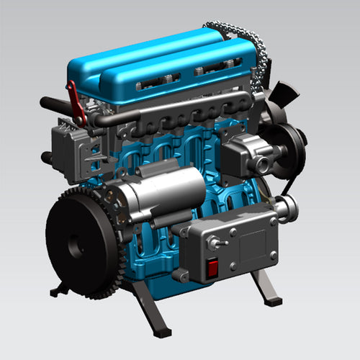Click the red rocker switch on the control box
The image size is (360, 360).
click(x=213, y=269)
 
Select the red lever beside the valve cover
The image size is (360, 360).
click(x=75, y=101)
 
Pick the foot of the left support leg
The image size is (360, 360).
click(x=58, y=292)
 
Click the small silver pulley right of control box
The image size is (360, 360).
click(x=287, y=208)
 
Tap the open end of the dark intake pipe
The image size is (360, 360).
click(x=44, y=103)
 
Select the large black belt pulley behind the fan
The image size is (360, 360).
click(x=288, y=148)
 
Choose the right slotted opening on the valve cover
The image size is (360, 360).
click(x=213, y=70)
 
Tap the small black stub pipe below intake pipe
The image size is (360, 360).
click(x=48, y=156)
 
